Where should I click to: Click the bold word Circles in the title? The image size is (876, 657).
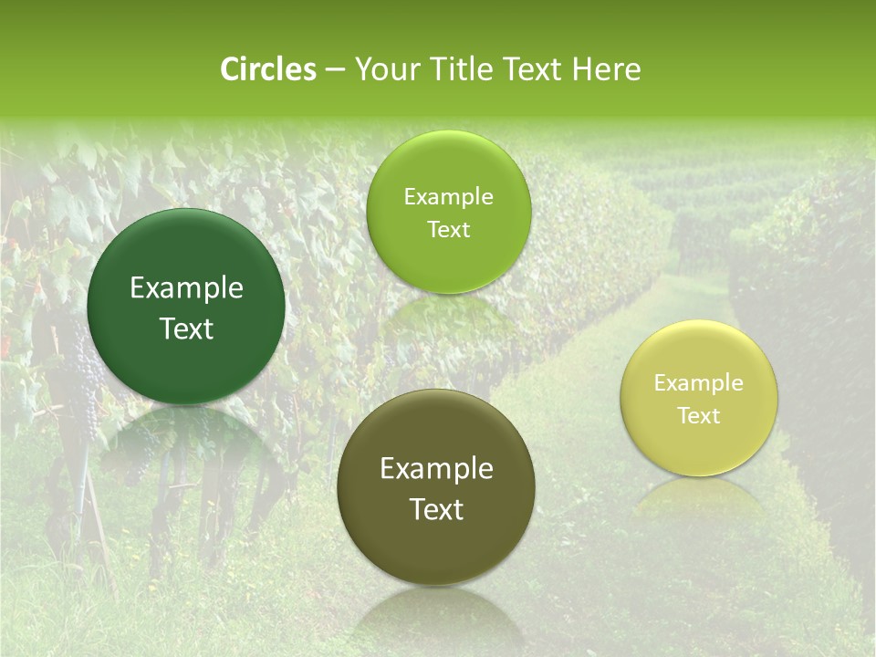(x=267, y=69)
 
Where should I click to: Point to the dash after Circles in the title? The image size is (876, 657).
(x=335, y=70)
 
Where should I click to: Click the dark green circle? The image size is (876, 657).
(x=186, y=307)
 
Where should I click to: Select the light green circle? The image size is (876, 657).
(x=448, y=212)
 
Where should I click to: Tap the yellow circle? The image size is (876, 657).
(x=699, y=398)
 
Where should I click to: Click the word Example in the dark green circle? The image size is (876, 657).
(x=186, y=288)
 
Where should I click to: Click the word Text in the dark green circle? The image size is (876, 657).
(x=186, y=328)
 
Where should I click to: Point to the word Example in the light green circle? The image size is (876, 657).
(x=448, y=196)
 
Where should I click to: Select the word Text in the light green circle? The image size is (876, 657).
(x=448, y=229)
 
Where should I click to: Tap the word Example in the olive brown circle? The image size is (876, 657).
(x=436, y=469)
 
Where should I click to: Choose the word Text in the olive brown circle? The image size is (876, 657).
(x=436, y=509)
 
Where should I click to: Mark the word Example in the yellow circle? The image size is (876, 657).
(x=699, y=382)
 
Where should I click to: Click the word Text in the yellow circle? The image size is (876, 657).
(x=699, y=415)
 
